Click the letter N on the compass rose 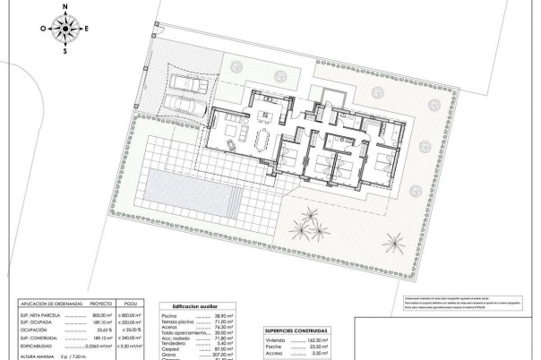[65, 6]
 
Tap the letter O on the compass [43, 29]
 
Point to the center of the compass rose [65, 29]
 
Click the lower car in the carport [185, 107]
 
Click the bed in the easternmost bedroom [383, 162]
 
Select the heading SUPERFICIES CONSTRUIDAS [296, 331]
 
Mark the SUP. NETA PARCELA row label [27, 316]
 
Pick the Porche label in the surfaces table [273, 348]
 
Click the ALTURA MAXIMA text [26, 356]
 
